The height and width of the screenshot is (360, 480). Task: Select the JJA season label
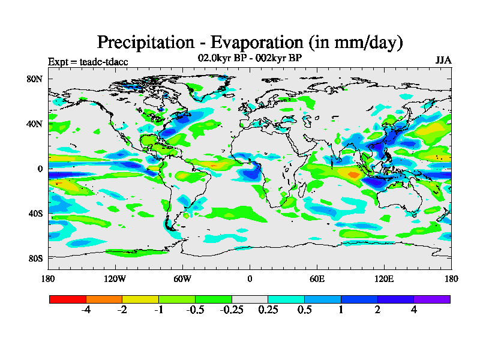[x=443, y=61]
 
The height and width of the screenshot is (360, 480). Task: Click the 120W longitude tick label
[x=115, y=278]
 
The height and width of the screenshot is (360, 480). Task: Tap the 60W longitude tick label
[x=182, y=278]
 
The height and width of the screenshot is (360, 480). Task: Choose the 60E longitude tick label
[x=317, y=278]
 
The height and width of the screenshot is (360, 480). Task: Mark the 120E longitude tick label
[x=384, y=278]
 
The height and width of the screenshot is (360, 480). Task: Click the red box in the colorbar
[x=68, y=299]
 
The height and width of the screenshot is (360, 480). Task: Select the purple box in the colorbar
[x=432, y=299]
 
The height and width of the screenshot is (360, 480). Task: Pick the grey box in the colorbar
[x=250, y=299]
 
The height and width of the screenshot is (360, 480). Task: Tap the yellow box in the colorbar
[x=140, y=299]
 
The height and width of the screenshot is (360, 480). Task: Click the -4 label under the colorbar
[x=86, y=310]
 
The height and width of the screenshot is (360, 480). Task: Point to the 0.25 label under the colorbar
[x=268, y=310]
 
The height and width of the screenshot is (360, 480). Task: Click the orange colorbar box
[x=104, y=299]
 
